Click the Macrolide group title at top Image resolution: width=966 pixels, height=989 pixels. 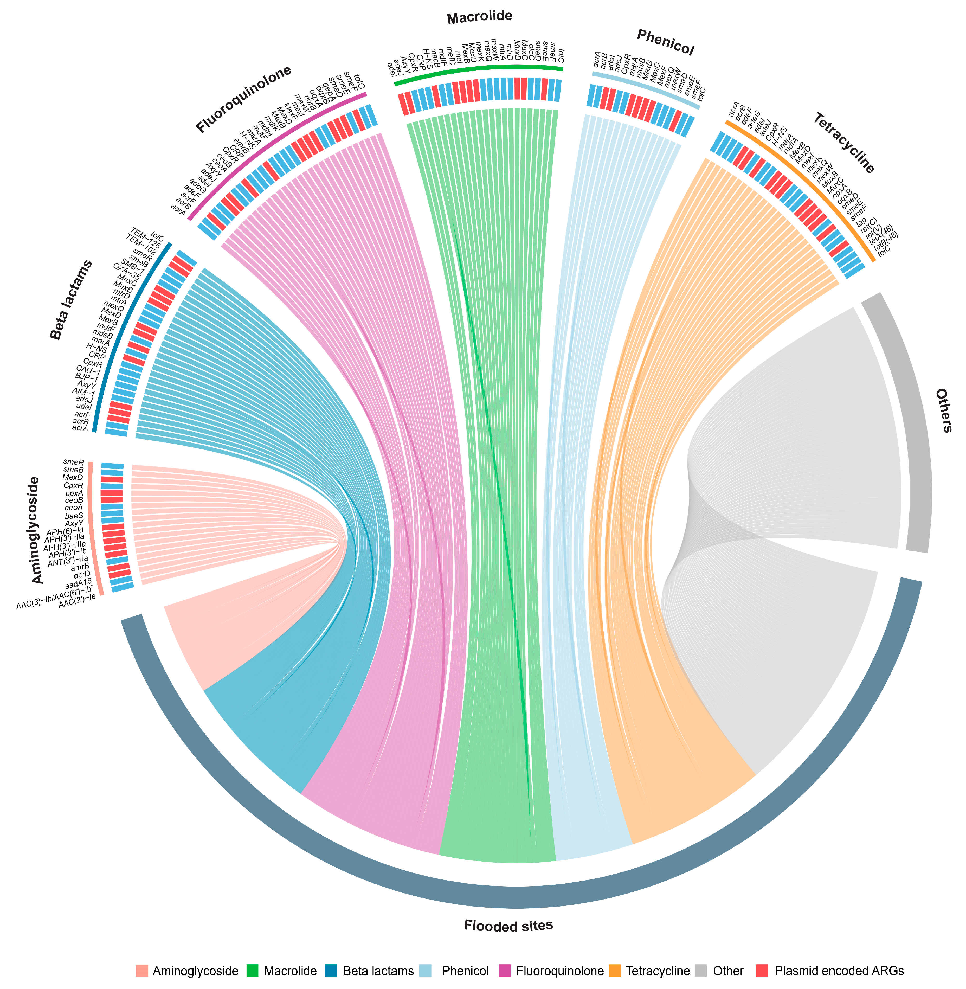(479, 17)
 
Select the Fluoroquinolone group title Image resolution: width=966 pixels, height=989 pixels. (243, 99)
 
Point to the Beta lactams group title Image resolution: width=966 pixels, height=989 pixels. (71, 299)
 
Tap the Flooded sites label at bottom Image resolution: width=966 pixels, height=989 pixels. (508, 925)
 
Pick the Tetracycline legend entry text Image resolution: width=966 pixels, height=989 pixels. (658, 971)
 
